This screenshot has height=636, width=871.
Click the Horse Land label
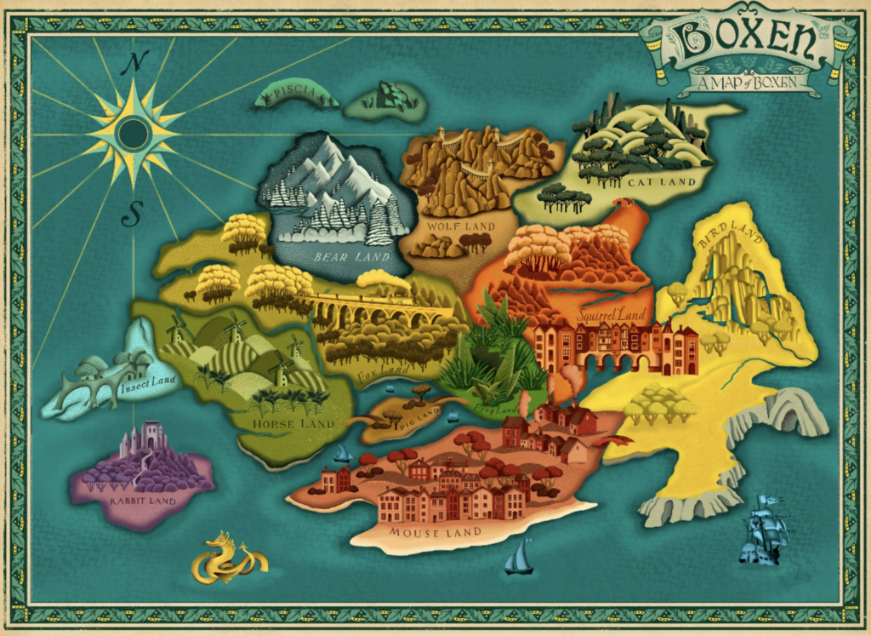click(293, 423)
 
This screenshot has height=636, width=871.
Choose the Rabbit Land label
click(143, 501)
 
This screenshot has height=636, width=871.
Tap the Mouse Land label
click(435, 532)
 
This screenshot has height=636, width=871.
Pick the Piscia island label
click(297, 92)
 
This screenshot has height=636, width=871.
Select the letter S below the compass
click(130, 213)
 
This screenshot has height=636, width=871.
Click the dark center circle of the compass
click(133, 133)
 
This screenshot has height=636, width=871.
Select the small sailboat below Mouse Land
click(519, 558)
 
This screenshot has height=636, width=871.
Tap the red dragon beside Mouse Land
click(615, 442)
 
